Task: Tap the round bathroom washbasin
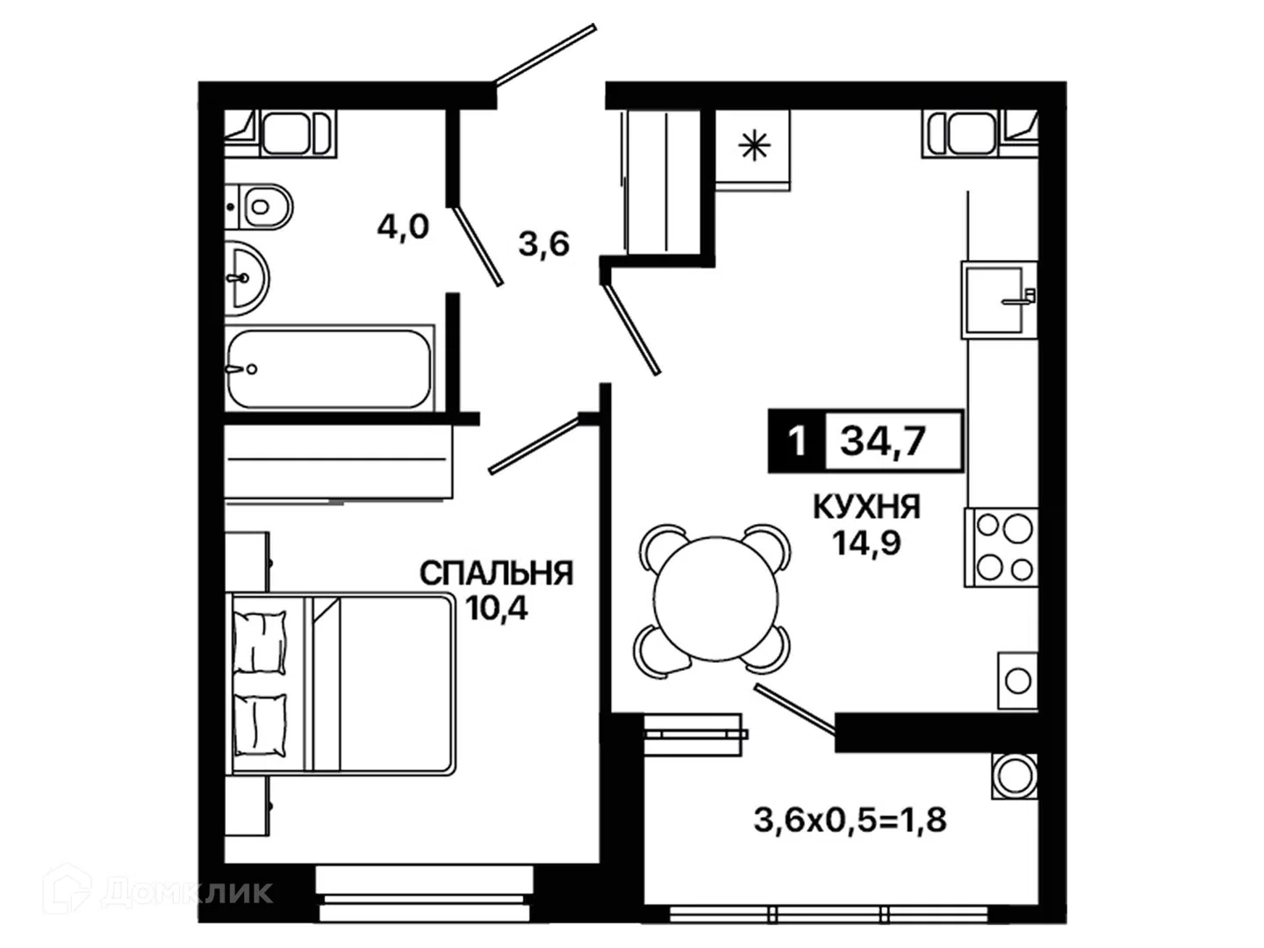247,278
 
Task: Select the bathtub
329,369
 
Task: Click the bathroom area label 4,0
403,226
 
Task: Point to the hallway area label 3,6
543,243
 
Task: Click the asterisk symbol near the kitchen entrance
754,147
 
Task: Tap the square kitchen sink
999,300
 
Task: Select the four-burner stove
1002,547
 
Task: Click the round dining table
714,600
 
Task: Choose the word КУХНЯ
866,507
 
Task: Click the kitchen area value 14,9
867,542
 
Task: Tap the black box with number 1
797,442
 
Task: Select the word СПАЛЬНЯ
497,574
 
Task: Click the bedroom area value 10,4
497,608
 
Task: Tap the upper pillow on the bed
260,643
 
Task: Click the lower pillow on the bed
260,726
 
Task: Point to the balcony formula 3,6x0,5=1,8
851,820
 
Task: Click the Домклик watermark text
187,892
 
